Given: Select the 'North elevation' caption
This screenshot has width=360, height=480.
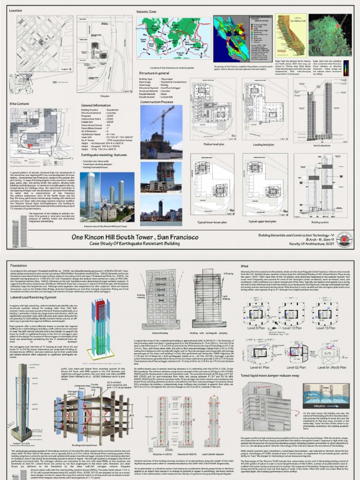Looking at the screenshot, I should coord(325,146).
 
